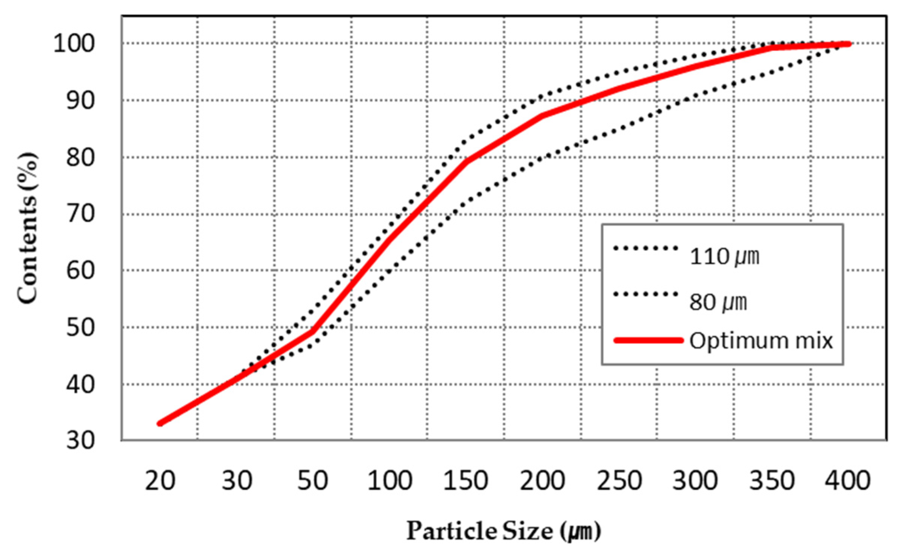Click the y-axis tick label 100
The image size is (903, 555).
(74, 44)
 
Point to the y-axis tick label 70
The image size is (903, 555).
(80, 214)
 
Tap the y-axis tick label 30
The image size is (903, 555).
(80, 441)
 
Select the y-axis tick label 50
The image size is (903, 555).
(80, 328)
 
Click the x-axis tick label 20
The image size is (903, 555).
(160, 481)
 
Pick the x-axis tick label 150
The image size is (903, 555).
(466, 481)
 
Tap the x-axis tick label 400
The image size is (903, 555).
(848, 481)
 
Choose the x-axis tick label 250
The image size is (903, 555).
(619, 481)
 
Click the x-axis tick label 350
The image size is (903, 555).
(772, 481)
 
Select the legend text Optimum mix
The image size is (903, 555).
(761, 341)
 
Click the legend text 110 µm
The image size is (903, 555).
(725, 257)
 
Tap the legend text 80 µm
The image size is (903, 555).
(718, 302)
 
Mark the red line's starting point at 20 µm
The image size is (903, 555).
(160, 423)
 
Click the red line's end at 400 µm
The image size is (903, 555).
(848, 44)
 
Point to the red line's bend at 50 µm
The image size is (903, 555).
(313, 331)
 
